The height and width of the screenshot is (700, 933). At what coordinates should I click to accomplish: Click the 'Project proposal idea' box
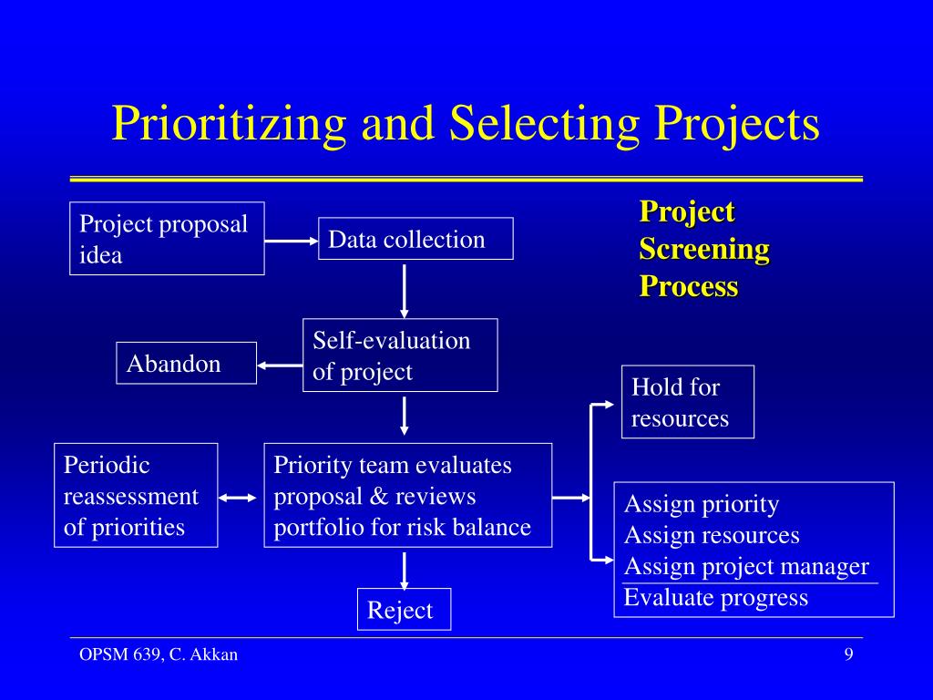[x=167, y=239]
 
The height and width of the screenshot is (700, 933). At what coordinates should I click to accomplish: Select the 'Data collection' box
[x=415, y=239]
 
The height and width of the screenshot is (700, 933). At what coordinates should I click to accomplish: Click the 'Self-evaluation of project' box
[x=400, y=355]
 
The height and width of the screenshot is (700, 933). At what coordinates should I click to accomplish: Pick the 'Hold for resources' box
[x=688, y=402]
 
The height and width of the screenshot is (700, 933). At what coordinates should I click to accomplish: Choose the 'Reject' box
[x=404, y=610]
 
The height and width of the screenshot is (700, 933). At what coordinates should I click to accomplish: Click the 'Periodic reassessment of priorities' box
[x=136, y=495]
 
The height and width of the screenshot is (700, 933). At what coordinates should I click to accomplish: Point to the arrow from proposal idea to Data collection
[x=292, y=241]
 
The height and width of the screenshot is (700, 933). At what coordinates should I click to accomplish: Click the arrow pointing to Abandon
[x=280, y=365]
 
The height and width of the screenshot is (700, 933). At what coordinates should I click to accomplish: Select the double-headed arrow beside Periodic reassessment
[x=241, y=498]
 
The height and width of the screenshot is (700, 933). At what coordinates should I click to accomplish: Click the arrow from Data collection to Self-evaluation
[x=404, y=289]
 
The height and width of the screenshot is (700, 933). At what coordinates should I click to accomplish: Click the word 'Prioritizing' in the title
[x=229, y=124]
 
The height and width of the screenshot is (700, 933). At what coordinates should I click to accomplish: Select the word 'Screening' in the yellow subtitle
[x=704, y=249]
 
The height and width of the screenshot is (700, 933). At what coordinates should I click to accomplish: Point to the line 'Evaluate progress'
[x=716, y=598]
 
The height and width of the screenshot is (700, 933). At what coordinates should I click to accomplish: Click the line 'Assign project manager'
[x=746, y=566]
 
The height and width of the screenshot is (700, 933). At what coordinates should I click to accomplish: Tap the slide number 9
[x=848, y=654]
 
